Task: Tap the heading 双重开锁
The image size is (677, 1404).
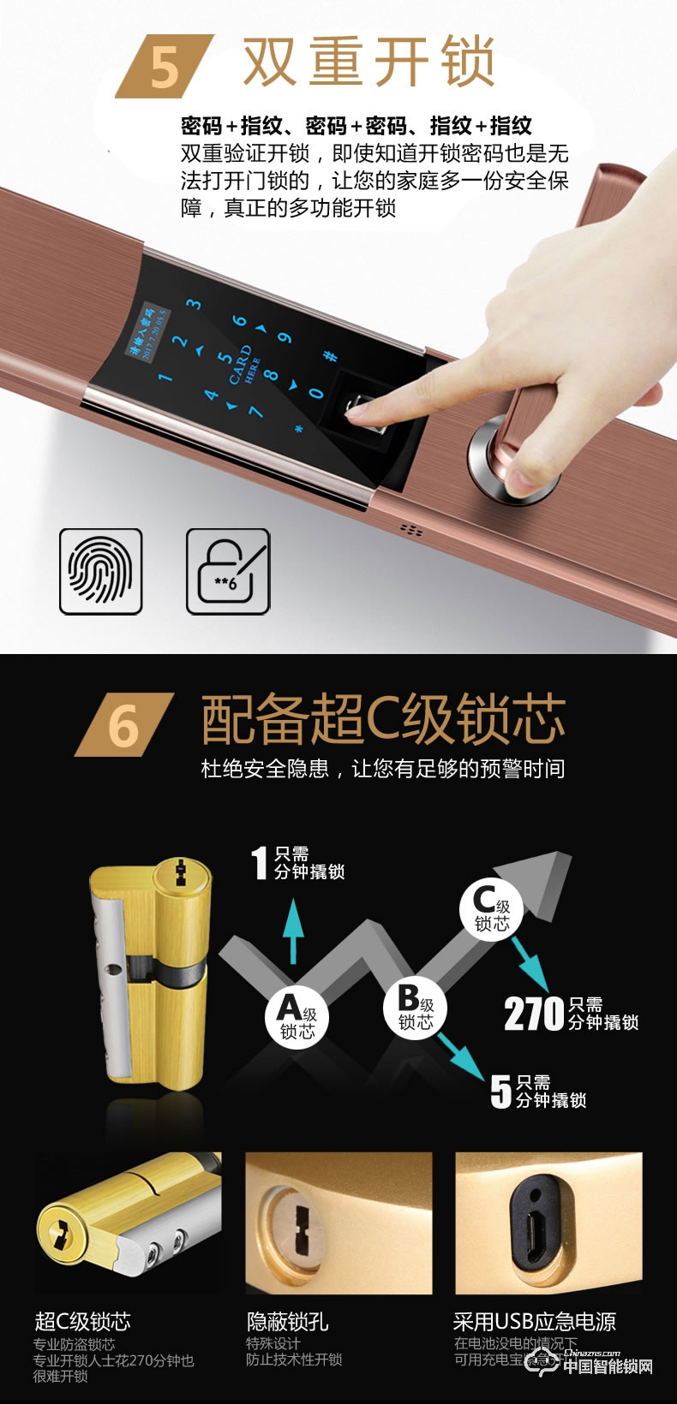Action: tap(368, 62)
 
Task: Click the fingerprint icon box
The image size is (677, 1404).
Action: tap(100, 571)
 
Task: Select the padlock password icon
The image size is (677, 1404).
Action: tap(228, 571)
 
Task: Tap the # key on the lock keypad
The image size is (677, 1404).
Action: tap(329, 356)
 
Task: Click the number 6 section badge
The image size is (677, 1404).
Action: tap(123, 725)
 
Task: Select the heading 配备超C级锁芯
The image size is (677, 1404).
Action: tap(383, 719)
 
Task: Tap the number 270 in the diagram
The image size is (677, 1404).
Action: tap(533, 1014)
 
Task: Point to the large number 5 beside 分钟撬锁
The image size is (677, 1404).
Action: tap(500, 1091)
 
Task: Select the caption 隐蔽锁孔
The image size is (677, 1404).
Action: tap(287, 1321)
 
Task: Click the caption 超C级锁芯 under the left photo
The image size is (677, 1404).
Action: tap(82, 1321)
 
